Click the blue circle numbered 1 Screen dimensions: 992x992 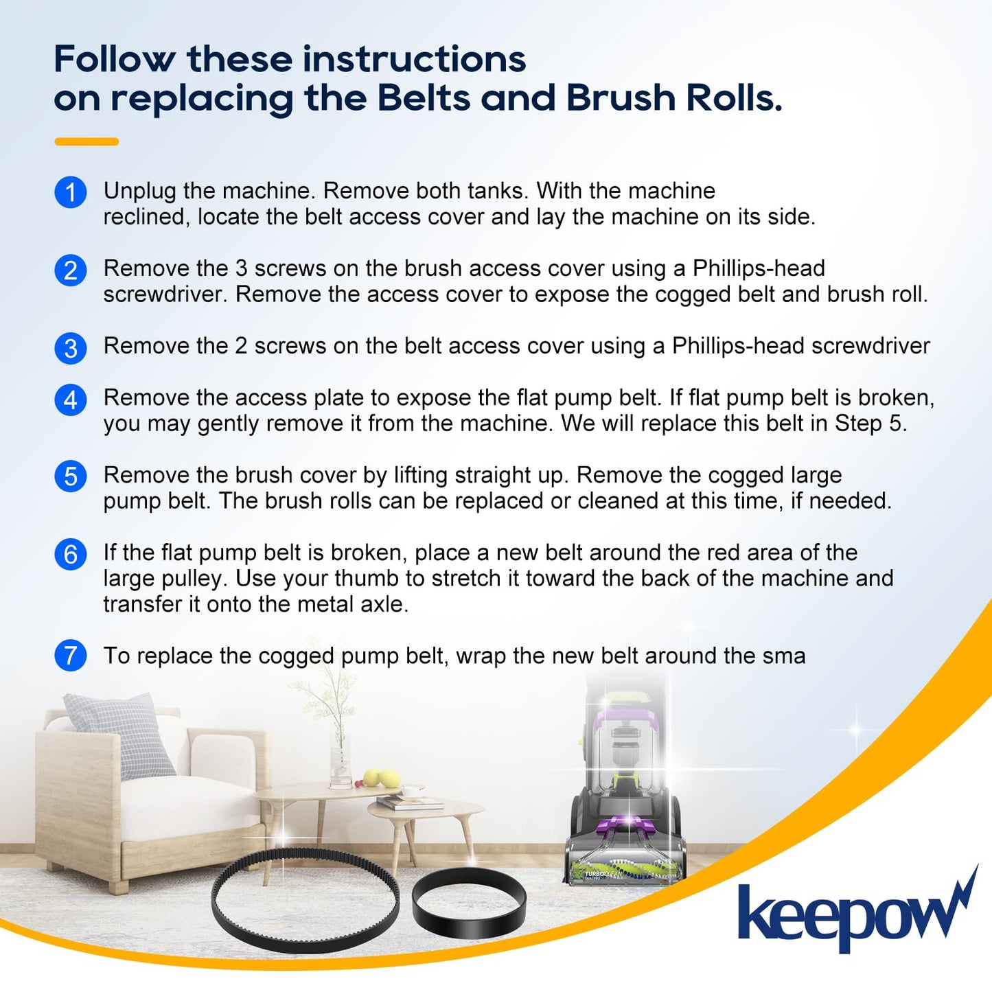(70, 192)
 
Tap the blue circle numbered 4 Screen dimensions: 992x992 (70, 399)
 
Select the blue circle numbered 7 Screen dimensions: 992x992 (70, 656)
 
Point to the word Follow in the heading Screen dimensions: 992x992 (114, 59)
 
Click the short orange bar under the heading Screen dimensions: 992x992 (86, 141)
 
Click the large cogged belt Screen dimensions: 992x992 (305, 899)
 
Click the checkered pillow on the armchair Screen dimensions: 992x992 (120, 735)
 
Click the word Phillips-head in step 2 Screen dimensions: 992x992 (759, 268)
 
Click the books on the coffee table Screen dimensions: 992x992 (408, 802)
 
